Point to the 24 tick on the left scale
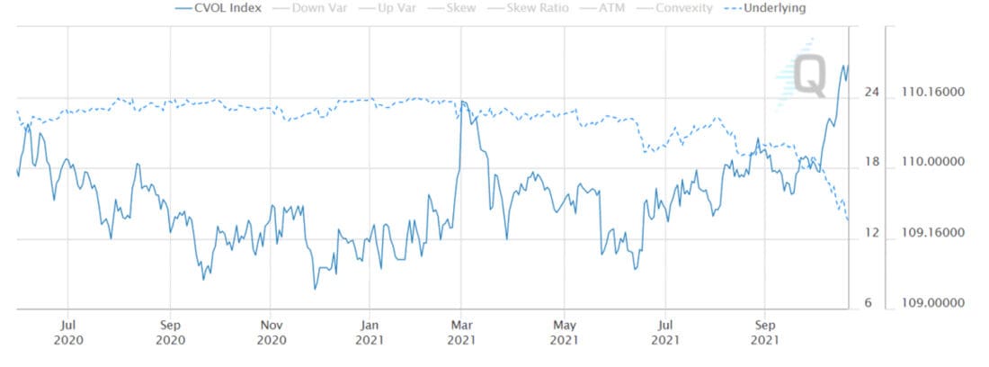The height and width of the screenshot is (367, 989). tap(870, 92)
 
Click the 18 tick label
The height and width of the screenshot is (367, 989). tap(870, 162)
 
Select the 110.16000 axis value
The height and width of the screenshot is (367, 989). tap(934, 92)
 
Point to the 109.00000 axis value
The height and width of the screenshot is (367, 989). tap(934, 303)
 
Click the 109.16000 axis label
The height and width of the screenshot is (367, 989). tap(934, 233)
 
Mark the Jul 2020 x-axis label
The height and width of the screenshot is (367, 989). tap(68, 333)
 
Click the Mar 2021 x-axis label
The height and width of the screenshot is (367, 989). tap(461, 333)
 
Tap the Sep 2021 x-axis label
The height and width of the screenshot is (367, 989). tap(764, 333)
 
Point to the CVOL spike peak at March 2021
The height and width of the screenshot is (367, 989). tap(462, 102)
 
